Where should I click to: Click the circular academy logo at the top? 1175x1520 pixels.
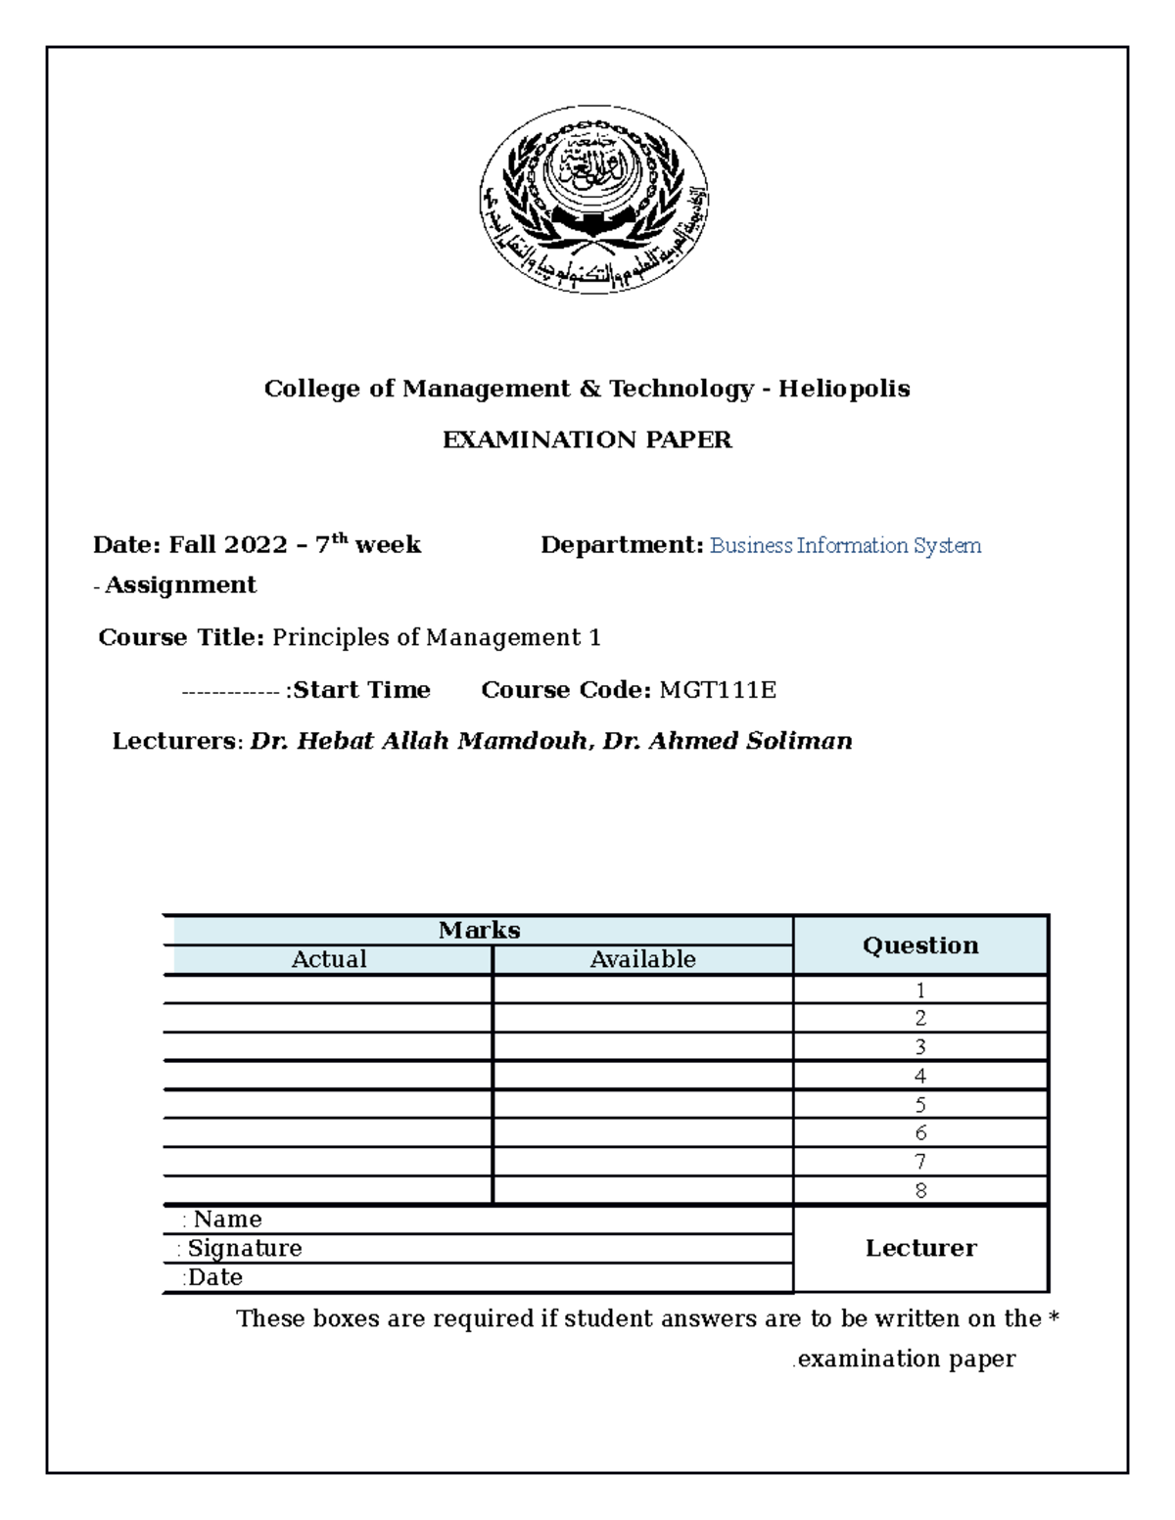click(x=593, y=202)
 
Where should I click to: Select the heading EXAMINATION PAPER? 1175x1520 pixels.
click(x=587, y=439)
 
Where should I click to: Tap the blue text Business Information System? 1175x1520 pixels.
click(x=845, y=545)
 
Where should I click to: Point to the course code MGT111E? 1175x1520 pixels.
click(x=718, y=690)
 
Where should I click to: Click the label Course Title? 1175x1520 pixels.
click(x=181, y=638)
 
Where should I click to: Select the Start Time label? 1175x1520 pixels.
click(x=361, y=690)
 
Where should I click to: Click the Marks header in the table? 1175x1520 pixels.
click(x=479, y=930)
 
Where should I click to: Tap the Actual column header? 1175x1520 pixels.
click(x=329, y=959)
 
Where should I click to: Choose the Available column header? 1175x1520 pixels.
click(x=642, y=959)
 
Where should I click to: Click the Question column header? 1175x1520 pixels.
click(x=920, y=944)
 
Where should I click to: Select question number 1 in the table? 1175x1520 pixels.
click(x=920, y=990)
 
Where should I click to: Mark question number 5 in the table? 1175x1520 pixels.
click(x=920, y=1105)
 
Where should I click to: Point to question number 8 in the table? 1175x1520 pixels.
click(x=920, y=1190)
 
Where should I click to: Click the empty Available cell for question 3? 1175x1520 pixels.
click(x=642, y=1047)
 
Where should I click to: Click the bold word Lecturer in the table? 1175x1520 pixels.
click(x=920, y=1248)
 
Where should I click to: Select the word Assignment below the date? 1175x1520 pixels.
click(x=180, y=585)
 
